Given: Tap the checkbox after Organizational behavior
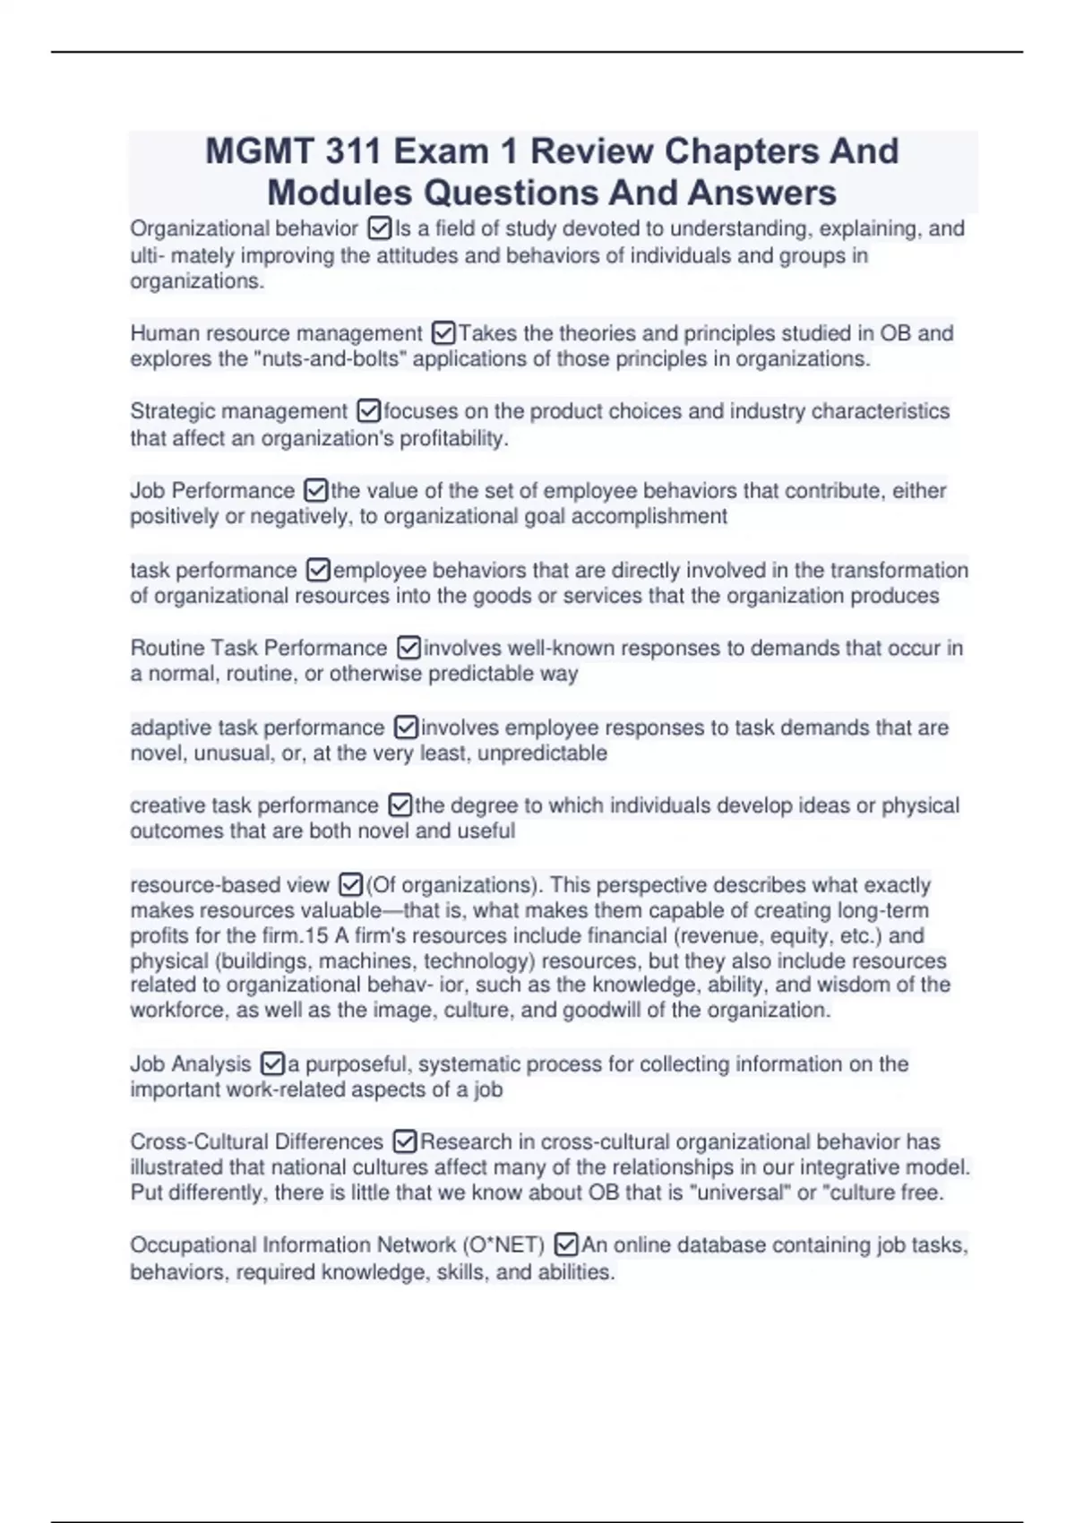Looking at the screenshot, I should pos(379,229).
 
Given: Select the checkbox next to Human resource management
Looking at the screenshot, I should pos(443,334).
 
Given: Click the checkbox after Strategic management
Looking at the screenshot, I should pos(368,411).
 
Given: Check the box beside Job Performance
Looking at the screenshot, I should pos(315,491).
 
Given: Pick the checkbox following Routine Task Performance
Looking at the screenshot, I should pos(408,648).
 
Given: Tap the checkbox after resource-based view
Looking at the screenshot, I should pos(350,885).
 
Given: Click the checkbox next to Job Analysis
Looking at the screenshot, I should pos(271,1064).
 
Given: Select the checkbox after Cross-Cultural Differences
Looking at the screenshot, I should pos(405,1142).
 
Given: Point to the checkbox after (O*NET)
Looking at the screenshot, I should pos(565,1245).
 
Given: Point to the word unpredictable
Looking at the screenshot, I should pos(542,753).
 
